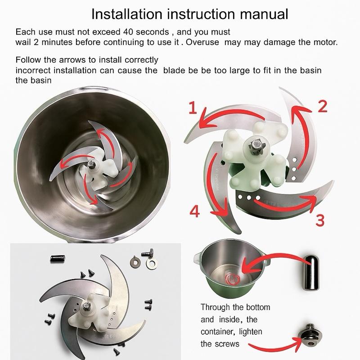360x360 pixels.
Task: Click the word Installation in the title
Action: [127, 14]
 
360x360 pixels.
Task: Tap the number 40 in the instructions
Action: [128, 31]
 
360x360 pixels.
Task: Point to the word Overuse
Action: [202, 42]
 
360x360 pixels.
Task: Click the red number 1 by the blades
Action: [193, 108]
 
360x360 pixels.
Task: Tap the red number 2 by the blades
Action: [322, 106]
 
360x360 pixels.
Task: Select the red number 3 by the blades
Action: [320, 220]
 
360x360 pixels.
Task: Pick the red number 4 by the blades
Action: [194, 211]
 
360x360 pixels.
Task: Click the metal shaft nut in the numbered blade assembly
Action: [256, 145]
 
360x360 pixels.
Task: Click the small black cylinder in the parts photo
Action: [58, 258]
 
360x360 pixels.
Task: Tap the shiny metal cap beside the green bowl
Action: [311, 273]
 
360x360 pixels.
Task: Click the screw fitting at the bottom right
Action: [310, 336]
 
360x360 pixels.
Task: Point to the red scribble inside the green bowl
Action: [232, 279]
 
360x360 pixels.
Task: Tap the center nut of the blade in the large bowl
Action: [92, 165]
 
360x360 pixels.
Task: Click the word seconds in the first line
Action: [153, 31]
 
